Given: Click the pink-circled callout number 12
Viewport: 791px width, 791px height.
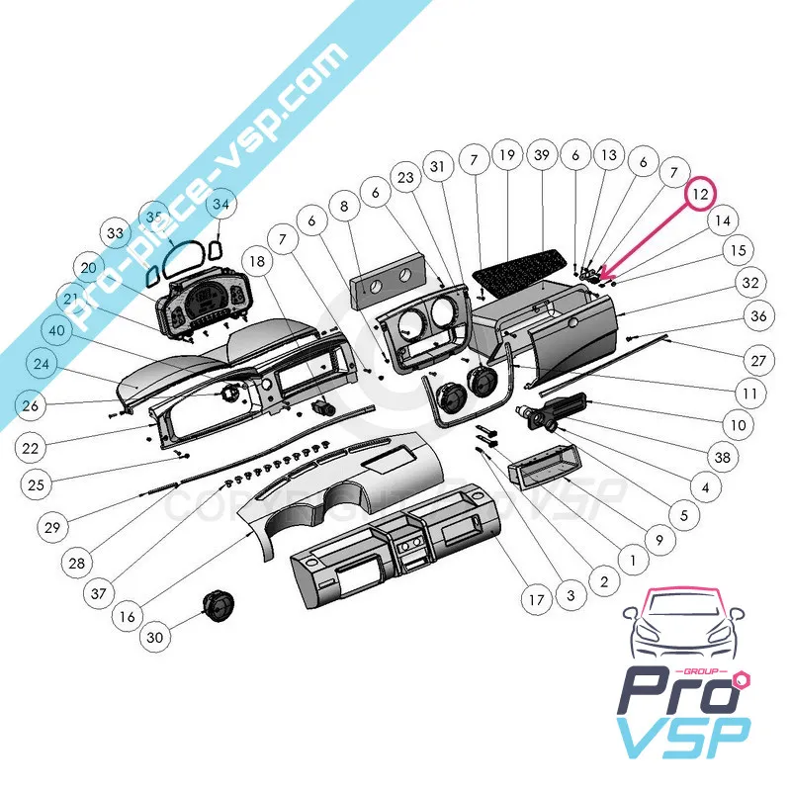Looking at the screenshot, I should point(701,194).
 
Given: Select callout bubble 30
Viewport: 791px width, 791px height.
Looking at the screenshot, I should point(154,638).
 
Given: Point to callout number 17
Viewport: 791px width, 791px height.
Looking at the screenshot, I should point(536,599).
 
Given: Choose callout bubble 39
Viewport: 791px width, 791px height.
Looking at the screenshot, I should point(540,155).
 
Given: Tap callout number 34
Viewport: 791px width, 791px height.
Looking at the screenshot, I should point(220,206).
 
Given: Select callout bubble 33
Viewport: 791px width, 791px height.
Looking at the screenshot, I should point(117,234).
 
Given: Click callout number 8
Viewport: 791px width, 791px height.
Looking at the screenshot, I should point(344,208).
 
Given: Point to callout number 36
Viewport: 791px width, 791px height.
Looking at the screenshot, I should point(758,316).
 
